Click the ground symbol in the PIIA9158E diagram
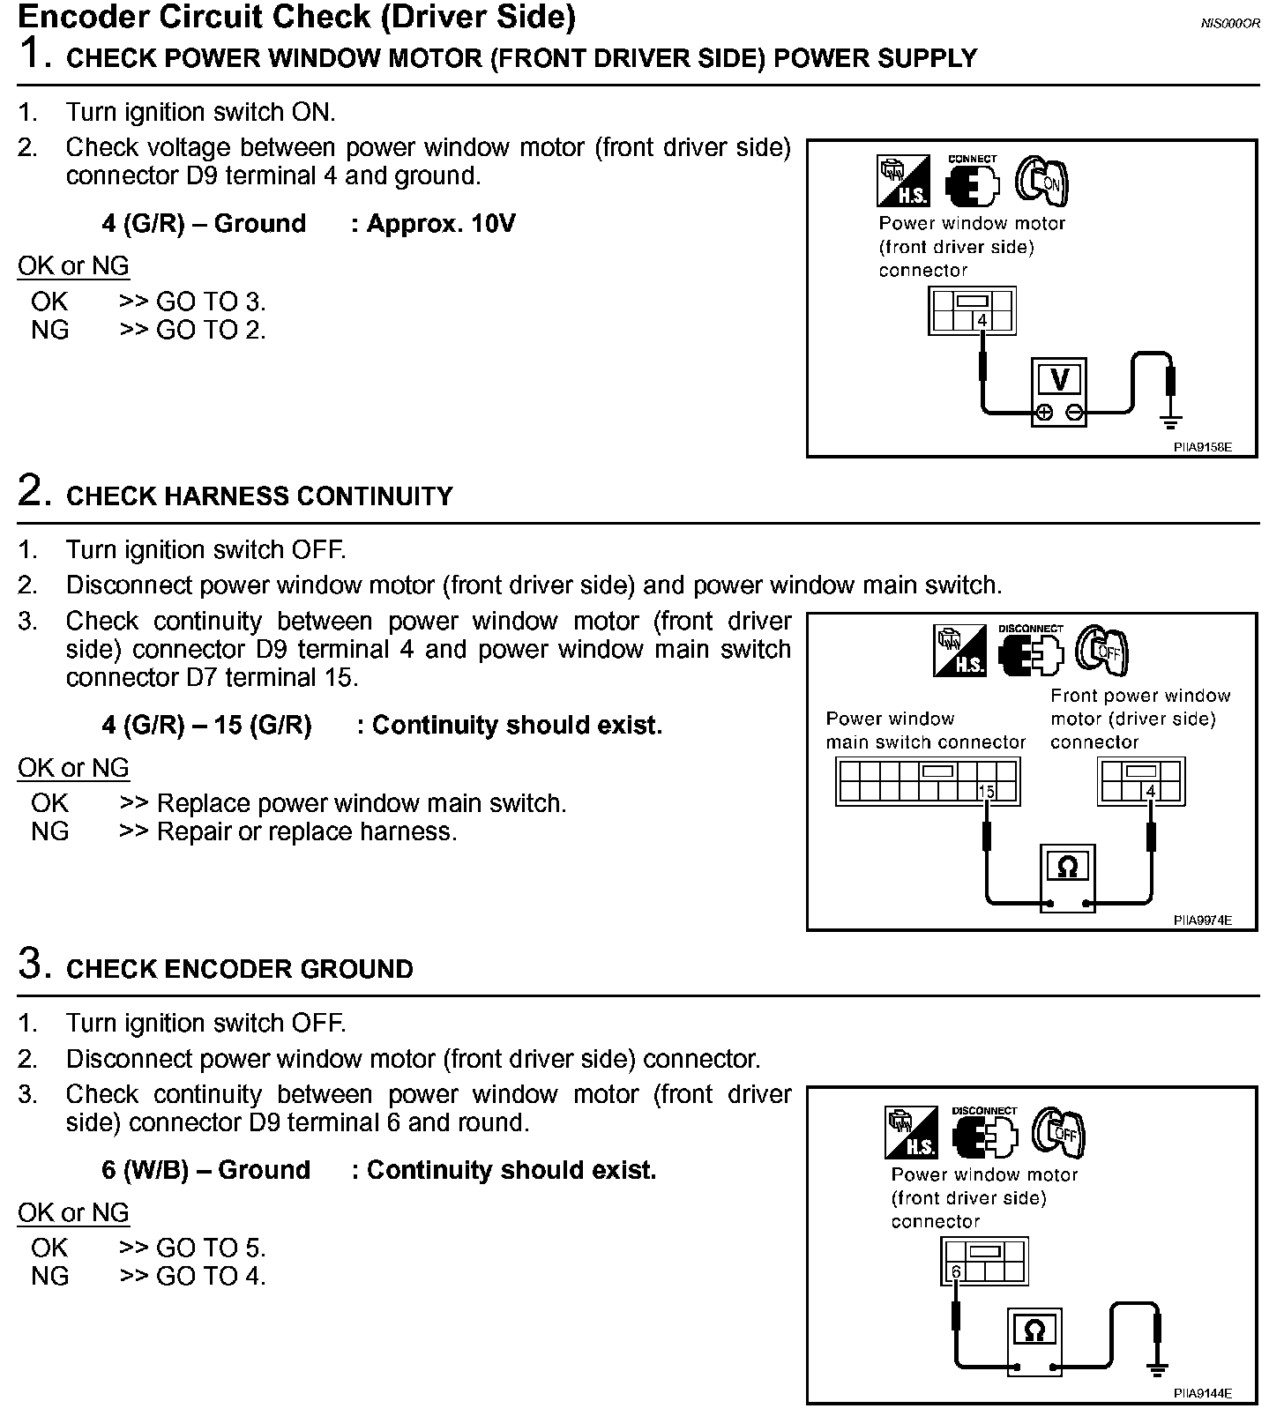[1170, 420]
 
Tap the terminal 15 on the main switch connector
[986, 792]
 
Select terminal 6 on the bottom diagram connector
[955, 1271]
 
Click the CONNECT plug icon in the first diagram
[973, 182]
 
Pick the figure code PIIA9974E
[1202, 920]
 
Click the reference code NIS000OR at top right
[1230, 24]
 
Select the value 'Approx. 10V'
[440, 224]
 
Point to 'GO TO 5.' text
[211, 1248]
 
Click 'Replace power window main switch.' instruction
[362, 803]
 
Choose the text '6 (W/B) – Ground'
[206, 1170]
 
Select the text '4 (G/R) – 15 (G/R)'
[206, 726]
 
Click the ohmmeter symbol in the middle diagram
[1067, 868]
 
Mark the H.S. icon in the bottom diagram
[912, 1133]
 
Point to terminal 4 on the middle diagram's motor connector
[1150, 792]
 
